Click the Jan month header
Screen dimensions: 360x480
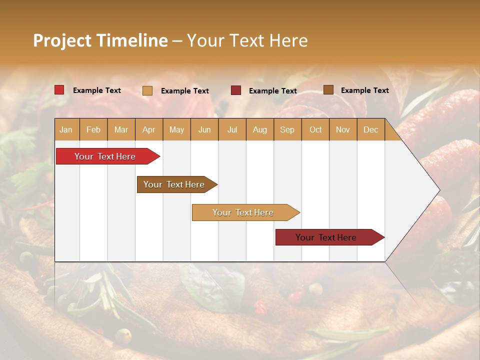(x=66, y=129)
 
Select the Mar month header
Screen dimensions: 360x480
(x=121, y=129)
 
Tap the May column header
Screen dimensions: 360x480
(x=176, y=129)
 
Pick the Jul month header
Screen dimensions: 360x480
(x=232, y=129)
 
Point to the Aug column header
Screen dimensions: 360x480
(x=259, y=129)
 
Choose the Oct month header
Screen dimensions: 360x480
(x=315, y=129)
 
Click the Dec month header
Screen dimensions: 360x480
(x=370, y=129)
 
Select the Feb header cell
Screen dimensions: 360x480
(x=93, y=129)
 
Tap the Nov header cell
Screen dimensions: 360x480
(x=342, y=129)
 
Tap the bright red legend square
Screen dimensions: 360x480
(x=59, y=90)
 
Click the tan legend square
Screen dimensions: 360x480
(x=147, y=90)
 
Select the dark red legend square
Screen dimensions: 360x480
(x=236, y=90)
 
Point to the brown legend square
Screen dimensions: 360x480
(x=328, y=90)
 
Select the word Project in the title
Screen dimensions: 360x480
(x=62, y=40)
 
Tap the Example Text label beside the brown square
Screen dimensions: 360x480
(x=364, y=90)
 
